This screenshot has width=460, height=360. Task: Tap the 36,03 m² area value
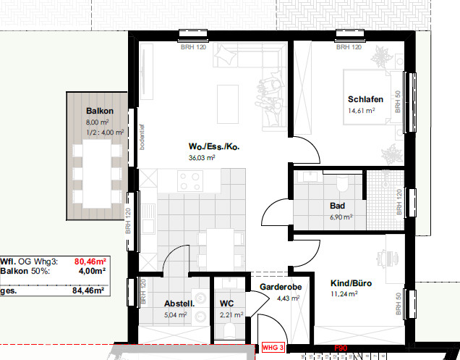pos(203,158)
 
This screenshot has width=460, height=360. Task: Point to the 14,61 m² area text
pos(361,111)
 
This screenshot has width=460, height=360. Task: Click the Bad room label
pos(336,206)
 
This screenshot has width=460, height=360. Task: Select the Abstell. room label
pos(178,304)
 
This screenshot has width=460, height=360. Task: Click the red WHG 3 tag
pos(273,348)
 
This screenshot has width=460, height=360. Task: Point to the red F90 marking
pos(341,348)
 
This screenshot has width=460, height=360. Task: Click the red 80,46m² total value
pos(90,262)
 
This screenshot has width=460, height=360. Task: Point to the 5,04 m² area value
pos(176,315)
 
